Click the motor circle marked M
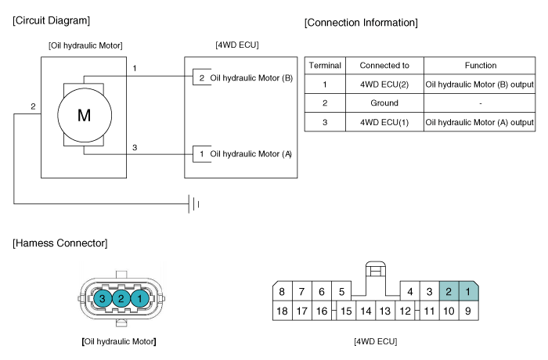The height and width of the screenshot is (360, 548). coord(84,115)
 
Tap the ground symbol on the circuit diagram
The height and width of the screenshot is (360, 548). coord(193,204)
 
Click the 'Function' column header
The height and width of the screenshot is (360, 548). coord(480,65)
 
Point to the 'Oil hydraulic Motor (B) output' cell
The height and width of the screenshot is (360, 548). coord(479,84)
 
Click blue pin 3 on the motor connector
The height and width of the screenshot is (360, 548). coord(102,297)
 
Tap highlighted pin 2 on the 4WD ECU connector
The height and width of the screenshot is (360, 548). coord(449,292)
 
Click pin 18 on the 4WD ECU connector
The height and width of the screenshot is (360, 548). coord(283,311)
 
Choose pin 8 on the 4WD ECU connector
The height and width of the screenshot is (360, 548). coord(283,292)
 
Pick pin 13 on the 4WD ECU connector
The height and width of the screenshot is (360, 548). coord(384,311)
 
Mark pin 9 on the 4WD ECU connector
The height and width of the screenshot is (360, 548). coord(467,311)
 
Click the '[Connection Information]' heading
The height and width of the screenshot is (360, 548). coord(361,23)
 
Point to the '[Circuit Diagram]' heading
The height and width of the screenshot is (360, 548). coord(51,20)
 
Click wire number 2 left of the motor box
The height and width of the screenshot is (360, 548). coord(33,106)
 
